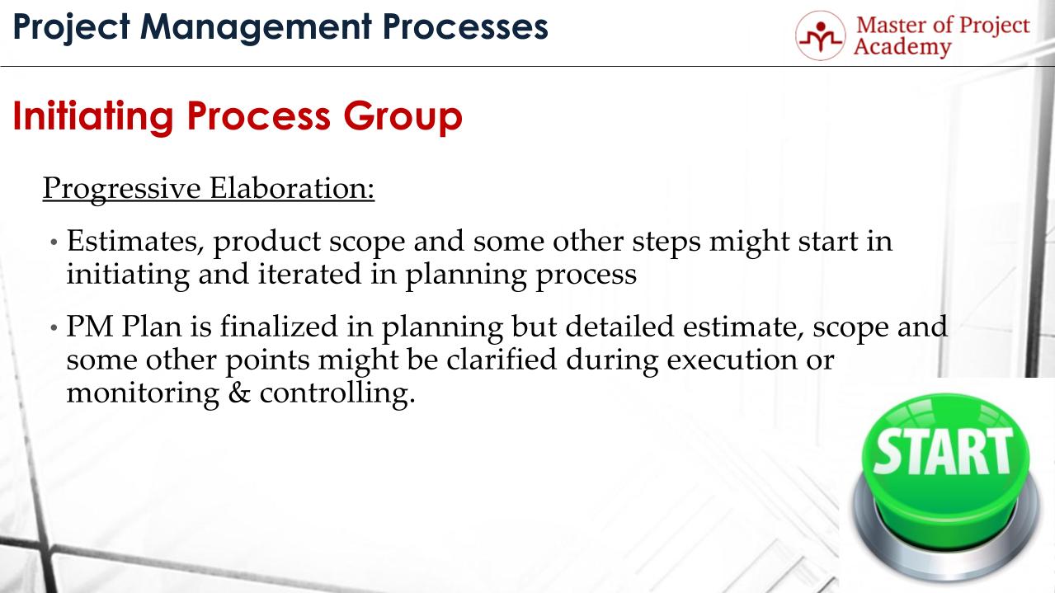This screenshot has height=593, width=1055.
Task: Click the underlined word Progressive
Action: click(121, 188)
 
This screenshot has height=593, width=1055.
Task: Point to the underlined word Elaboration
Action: click(291, 188)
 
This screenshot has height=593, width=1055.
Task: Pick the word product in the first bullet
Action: click(256, 242)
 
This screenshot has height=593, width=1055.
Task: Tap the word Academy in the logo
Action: click(902, 47)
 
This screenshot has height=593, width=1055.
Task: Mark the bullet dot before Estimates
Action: click(54, 243)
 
